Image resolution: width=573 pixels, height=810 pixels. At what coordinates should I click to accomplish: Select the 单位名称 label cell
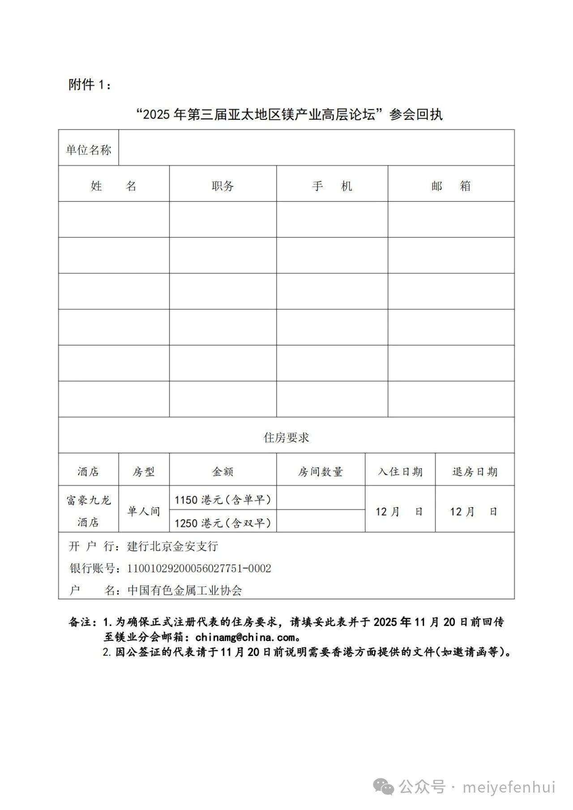(89, 149)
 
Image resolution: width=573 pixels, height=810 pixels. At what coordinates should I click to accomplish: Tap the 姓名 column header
(114, 186)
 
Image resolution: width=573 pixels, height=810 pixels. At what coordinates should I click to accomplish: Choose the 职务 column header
(223, 186)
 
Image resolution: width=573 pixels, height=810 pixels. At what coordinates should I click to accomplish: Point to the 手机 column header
(332, 186)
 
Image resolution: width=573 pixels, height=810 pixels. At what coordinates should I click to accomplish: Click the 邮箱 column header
(451, 186)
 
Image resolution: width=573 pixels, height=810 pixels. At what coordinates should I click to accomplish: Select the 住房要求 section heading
(286, 437)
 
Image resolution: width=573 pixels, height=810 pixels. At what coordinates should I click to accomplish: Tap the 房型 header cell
(144, 472)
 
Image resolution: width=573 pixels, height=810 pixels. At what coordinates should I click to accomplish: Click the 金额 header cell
(223, 472)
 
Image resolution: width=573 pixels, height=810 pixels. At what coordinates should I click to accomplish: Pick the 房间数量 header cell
(321, 472)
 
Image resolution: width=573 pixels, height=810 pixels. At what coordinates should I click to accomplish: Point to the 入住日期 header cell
(400, 472)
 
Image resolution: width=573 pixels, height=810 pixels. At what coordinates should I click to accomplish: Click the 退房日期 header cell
(475, 472)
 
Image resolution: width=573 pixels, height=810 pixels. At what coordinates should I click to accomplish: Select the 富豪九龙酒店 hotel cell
(89, 511)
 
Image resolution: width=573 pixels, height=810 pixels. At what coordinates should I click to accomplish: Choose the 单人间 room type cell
(144, 511)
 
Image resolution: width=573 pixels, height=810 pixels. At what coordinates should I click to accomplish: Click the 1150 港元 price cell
(223, 500)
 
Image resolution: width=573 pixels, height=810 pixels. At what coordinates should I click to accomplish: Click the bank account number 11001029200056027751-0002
(199, 568)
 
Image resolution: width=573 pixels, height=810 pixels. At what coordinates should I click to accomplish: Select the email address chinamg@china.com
(245, 637)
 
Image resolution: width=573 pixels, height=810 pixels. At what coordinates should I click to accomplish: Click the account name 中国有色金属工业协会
(184, 590)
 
